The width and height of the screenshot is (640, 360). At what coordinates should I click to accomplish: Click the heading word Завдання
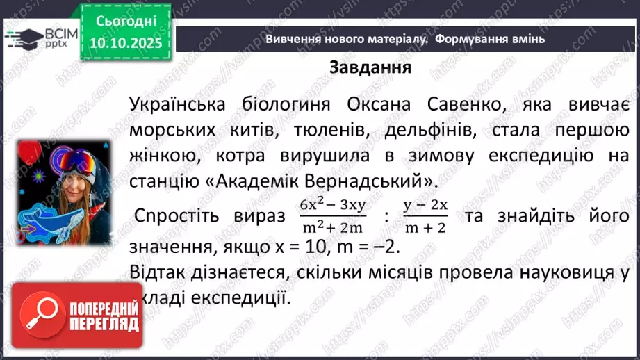point(370,68)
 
